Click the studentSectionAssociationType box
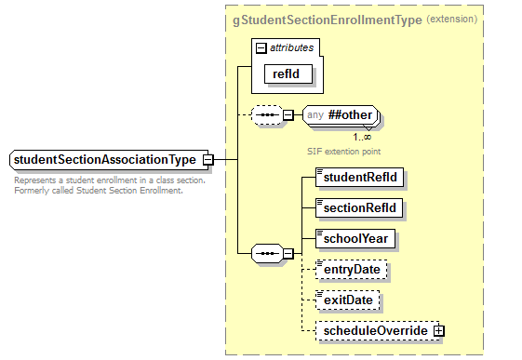coord(104,160)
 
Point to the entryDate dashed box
coord(353,270)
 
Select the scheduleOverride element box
coord(375,331)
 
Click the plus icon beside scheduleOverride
coord(437,331)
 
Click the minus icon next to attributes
coord(261,46)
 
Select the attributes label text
coord(292,46)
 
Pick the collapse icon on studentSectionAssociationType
coord(207,160)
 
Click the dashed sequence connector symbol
coord(267,115)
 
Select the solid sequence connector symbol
coord(267,252)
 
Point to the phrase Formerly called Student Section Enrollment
coord(99,191)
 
